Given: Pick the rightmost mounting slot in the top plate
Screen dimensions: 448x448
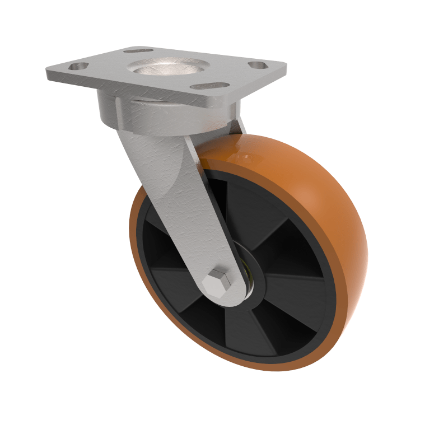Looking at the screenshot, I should [255, 65].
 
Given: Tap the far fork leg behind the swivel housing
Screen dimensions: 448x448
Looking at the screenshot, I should [238, 126].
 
